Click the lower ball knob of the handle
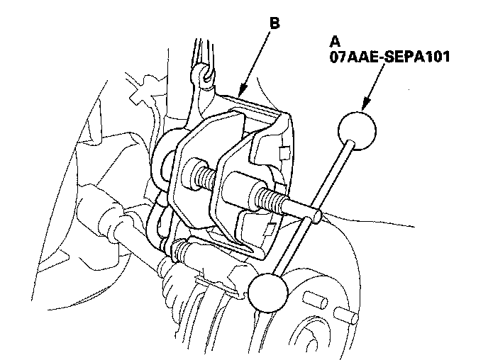click(268, 291)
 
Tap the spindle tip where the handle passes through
click(312, 210)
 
